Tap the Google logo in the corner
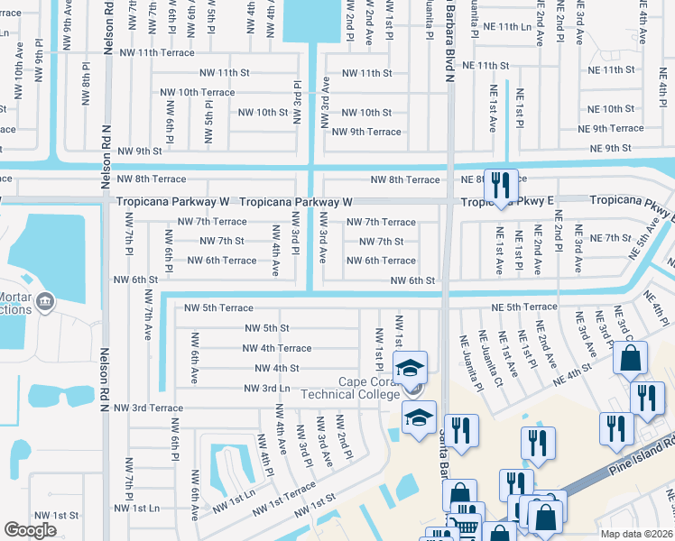tap(31, 530)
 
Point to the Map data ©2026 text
tap(637, 534)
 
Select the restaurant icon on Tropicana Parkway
tap(501, 186)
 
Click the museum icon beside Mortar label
tap(42, 301)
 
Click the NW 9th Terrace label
tap(366, 132)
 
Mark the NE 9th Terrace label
tap(611, 128)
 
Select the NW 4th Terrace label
tap(276, 348)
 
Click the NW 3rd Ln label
tap(267, 388)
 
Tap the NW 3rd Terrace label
tap(148, 408)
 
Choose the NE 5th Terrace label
tap(524, 308)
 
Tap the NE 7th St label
tap(609, 238)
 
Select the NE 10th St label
tap(611, 109)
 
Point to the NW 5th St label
tap(267, 328)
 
